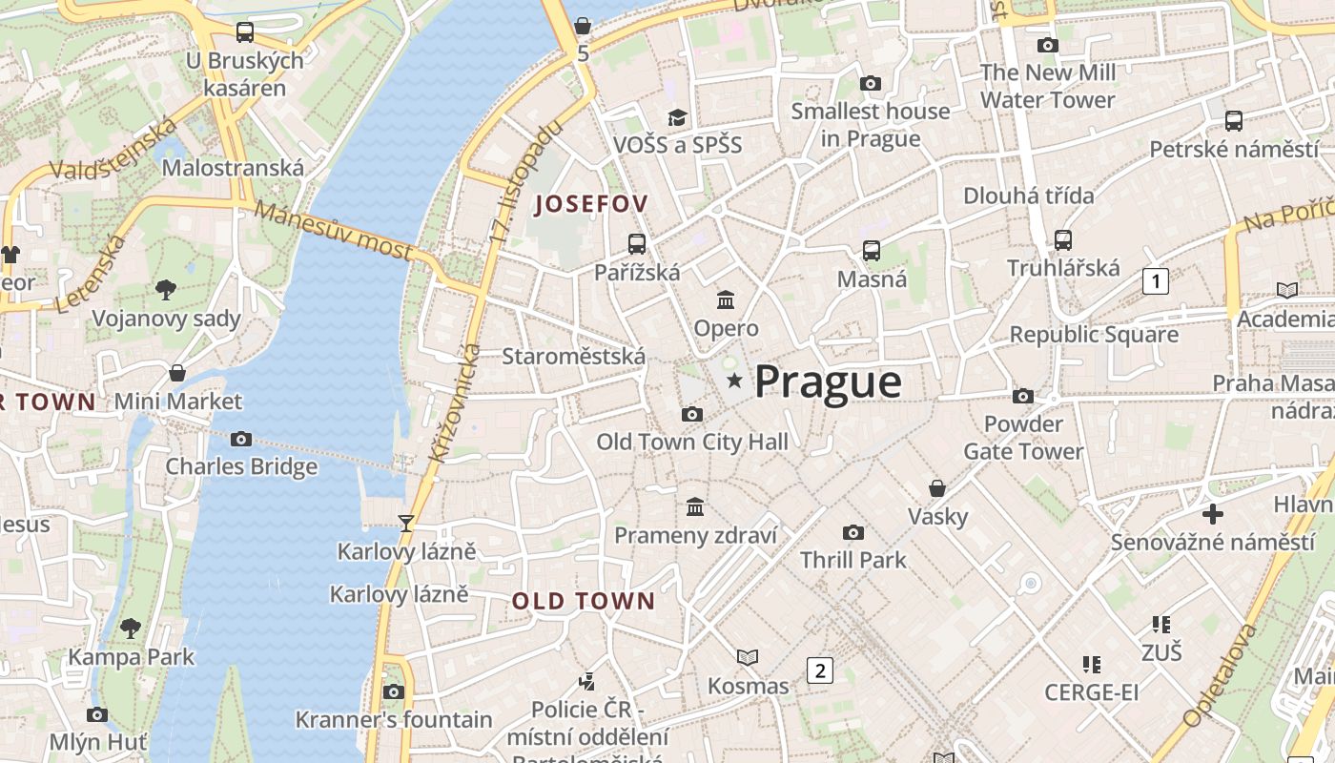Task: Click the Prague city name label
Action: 827,381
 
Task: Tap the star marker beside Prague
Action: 734,381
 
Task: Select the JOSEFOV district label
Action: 591,203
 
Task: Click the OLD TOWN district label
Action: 584,601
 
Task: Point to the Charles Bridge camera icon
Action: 241,439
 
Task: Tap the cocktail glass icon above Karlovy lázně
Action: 406,523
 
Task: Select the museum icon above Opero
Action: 726,299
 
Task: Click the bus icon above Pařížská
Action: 636,244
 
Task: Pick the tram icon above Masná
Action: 871,251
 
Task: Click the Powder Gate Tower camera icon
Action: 1022,396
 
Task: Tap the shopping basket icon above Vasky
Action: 937,488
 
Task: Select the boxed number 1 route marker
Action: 1155,281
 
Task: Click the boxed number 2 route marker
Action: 819,670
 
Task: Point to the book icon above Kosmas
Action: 748,657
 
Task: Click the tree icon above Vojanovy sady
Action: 165,289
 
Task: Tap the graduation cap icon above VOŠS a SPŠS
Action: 677,117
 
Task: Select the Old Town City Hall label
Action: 692,442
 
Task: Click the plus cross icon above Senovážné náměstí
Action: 1212,514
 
